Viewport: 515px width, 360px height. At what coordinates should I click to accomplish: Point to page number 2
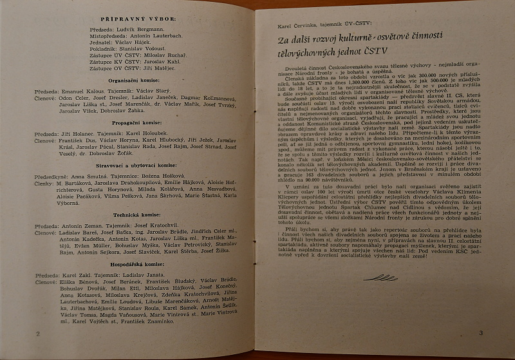[39, 333]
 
